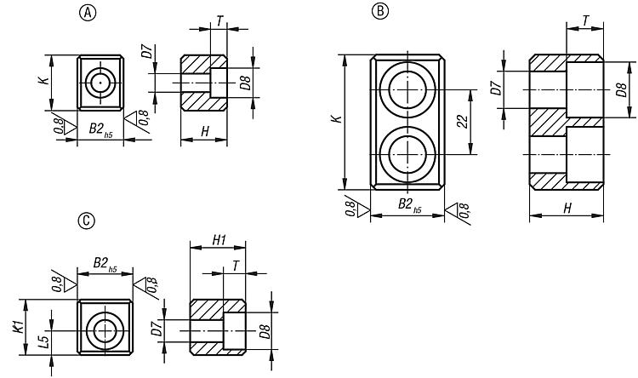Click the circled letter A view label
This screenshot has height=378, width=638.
(88, 13)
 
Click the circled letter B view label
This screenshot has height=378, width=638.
(380, 10)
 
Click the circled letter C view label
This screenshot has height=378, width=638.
(86, 220)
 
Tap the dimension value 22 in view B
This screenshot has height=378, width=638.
(463, 122)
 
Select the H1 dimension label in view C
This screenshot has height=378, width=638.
(219, 240)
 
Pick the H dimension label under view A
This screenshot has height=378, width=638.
(205, 131)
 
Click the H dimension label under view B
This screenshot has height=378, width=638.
(567, 208)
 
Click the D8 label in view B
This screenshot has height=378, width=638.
(621, 89)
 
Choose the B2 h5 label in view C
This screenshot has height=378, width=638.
(105, 264)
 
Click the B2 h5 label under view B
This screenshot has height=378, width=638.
(409, 204)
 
